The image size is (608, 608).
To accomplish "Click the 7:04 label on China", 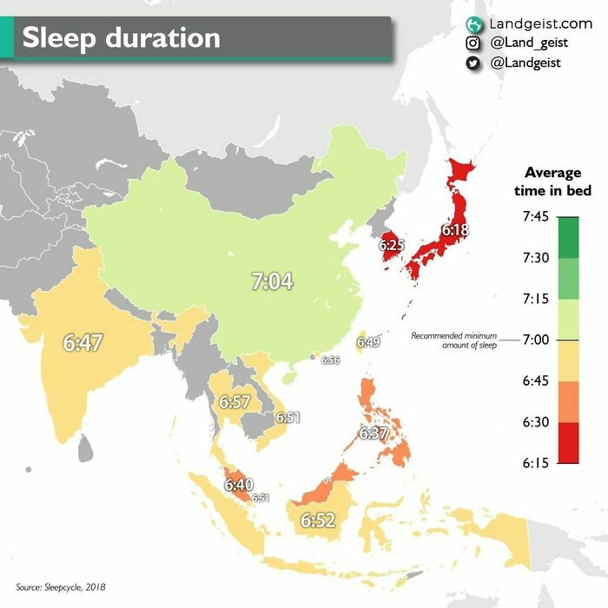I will click(272, 281).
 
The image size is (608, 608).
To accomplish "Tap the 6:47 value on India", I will click(83, 342).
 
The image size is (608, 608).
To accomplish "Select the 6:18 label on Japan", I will click(454, 231).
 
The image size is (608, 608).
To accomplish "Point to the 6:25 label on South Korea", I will click(391, 246).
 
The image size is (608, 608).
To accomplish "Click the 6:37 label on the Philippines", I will click(373, 433).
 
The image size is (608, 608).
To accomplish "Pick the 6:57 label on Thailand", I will click(235, 402).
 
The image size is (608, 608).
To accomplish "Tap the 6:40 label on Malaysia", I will click(238, 485).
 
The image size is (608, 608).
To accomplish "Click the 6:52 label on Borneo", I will click(317, 520).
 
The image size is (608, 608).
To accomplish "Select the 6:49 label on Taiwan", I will click(368, 342).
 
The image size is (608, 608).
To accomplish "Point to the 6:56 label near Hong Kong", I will click(330, 360).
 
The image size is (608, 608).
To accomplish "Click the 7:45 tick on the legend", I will click(535, 216).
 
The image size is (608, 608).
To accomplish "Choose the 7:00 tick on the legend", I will click(535, 339).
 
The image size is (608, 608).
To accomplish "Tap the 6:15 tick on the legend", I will click(535, 463).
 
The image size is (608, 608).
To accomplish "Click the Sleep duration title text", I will click(122, 38).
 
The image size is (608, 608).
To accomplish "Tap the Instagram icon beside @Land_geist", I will click(473, 43).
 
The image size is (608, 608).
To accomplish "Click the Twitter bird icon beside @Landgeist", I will click(473, 63).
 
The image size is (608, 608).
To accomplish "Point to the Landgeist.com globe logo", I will click(473, 23).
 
